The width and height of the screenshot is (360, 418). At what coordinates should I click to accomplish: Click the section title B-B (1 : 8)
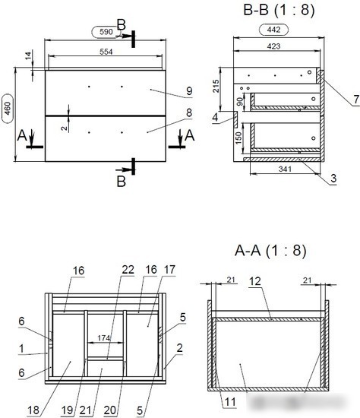279,10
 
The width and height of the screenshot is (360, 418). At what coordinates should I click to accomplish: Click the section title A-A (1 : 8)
270,250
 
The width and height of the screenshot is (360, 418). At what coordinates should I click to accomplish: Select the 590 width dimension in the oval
106,32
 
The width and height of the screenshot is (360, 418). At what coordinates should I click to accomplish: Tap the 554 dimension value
106,52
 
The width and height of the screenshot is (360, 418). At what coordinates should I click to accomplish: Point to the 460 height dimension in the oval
8,108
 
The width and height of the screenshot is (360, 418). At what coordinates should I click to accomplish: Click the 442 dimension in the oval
273,30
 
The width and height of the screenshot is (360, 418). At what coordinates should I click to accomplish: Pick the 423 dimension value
274,46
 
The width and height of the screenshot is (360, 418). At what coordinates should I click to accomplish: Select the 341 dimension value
285,169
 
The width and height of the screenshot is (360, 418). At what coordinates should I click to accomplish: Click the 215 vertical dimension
216,86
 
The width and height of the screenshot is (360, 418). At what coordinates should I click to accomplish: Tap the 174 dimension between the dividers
103,338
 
